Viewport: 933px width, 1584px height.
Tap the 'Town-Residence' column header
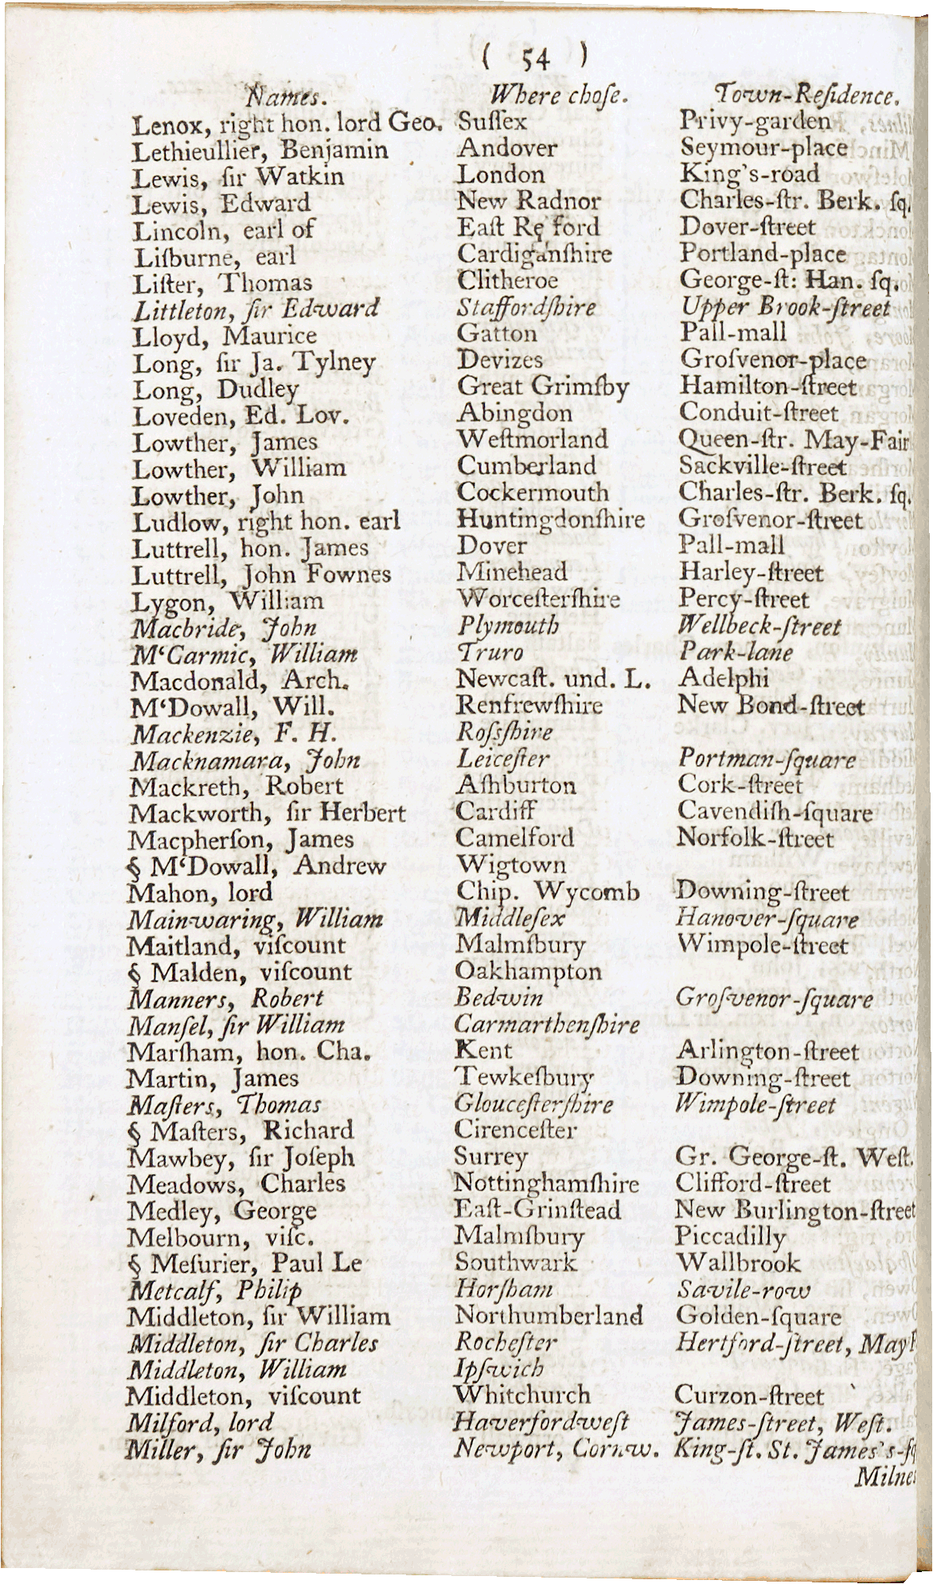click(x=806, y=96)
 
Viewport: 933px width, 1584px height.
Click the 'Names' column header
click(x=283, y=98)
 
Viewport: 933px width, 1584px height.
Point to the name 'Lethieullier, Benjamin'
click(x=260, y=150)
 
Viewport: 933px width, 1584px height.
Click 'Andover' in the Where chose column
click(x=507, y=148)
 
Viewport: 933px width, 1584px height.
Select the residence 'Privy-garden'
click(x=753, y=121)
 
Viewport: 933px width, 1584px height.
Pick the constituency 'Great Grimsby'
click(x=542, y=387)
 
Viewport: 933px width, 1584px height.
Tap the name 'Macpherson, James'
click(x=240, y=839)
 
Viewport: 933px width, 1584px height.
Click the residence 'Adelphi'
click(x=723, y=679)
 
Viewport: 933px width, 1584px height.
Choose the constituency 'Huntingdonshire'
click(x=550, y=520)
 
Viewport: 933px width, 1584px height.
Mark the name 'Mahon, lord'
click(x=200, y=893)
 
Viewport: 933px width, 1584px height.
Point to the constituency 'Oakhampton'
click(x=528, y=971)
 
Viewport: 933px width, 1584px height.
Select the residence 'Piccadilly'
click(x=730, y=1237)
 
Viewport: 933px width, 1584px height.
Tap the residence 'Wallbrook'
click(x=737, y=1263)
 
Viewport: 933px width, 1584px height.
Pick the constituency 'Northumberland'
click(x=548, y=1316)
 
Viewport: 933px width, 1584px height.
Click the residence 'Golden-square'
click(x=758, y=1317)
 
